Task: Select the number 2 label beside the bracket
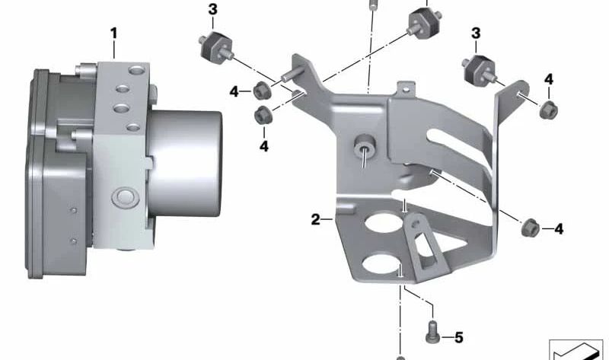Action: [x=316, y=220]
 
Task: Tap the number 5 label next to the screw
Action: [x=458, y=336]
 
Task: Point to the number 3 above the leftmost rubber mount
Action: [x=212, y=9]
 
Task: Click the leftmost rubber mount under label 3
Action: [x=214, y=47]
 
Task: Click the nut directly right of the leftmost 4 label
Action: [x=259, y=89]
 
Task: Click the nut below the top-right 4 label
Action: [x=548, y=109]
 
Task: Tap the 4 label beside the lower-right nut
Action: [x=559, y=228]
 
